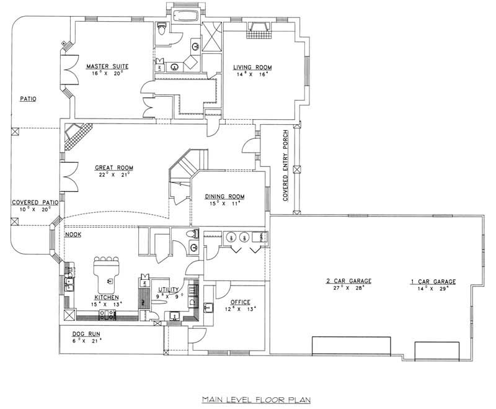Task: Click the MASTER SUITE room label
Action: tap(105, 65)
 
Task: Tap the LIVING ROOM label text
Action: tap(252, 67)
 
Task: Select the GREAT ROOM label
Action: tap(113, 168)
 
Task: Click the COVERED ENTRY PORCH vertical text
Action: tap(285, 166)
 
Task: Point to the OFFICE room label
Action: tap(240, 302)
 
